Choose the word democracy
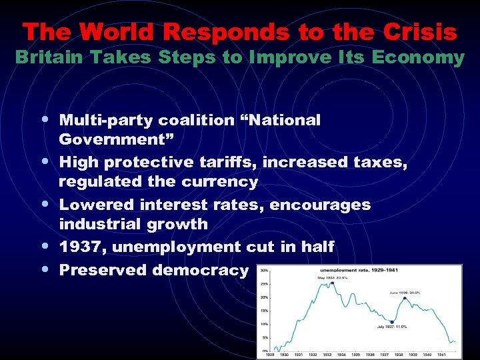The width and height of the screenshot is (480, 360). (x=200, y=269)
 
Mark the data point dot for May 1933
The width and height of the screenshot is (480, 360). (x=331, y=283)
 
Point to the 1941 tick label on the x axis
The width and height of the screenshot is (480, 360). (x=451, y=355)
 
